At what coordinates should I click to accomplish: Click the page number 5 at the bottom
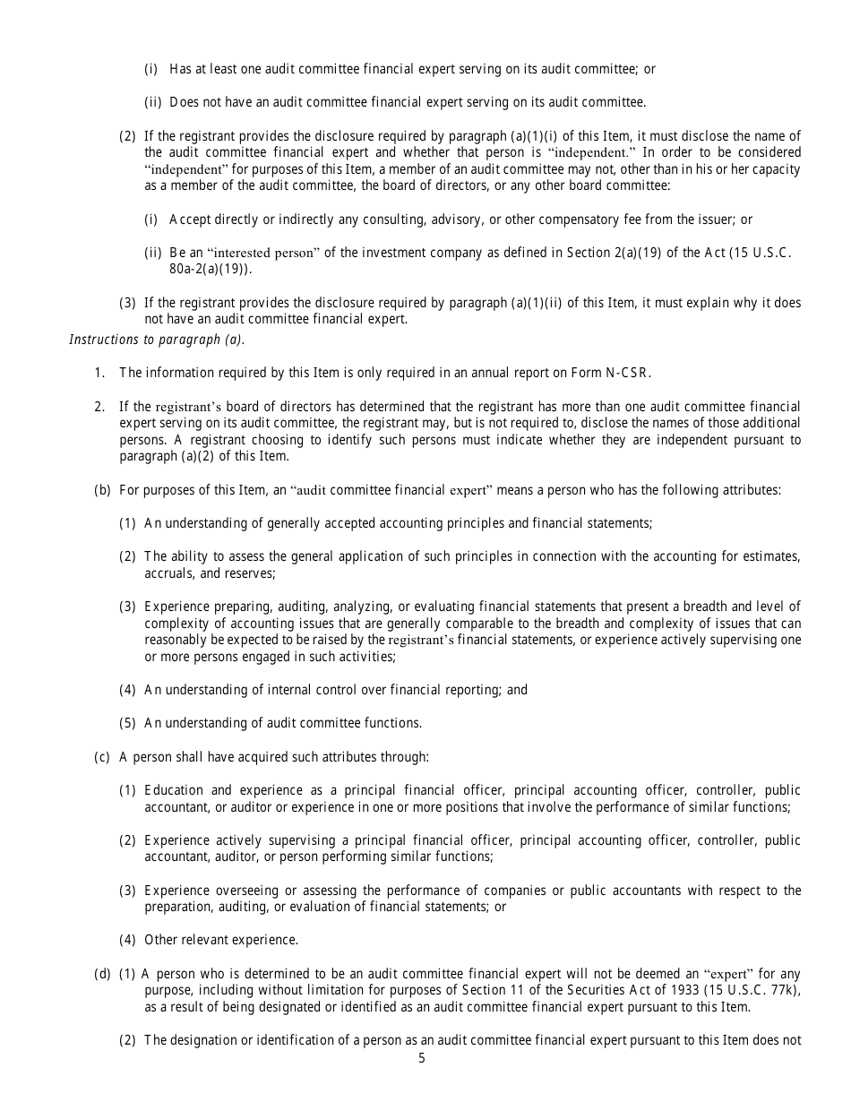pos(422,1058)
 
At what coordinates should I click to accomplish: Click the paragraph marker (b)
pos(102,490)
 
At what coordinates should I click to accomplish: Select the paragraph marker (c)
pos(102,757)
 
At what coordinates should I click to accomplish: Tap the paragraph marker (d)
pos(102,973)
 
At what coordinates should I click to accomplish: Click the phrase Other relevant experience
pos(221,940)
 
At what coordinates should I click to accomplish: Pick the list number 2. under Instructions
pos(99,407)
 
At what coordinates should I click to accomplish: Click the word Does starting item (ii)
pos(185,102)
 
